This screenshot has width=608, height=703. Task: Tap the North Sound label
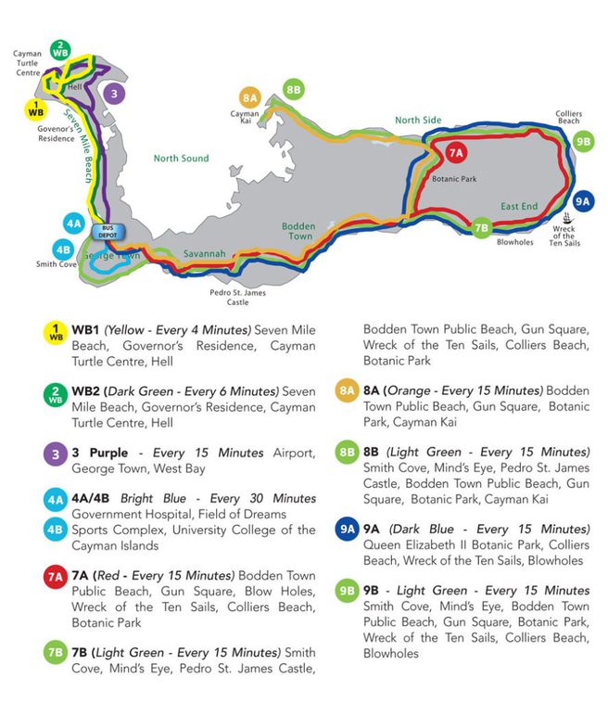point(181,159)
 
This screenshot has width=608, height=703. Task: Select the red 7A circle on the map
point(456,154)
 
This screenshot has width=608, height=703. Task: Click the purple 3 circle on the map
point(112,93)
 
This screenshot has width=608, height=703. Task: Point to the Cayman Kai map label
point(245,116)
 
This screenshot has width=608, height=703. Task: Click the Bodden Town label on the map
point(298,231)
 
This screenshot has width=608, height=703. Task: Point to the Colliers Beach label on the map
point(568,118)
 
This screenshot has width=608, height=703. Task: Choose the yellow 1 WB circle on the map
point(36,109)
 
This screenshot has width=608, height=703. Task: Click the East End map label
point(519,206)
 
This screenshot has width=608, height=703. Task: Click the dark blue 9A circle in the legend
point(345,530)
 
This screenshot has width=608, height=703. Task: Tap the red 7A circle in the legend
point(55,577)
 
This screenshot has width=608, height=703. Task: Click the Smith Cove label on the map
point(57,264)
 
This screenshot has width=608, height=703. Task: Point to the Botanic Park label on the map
point(453,178)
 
